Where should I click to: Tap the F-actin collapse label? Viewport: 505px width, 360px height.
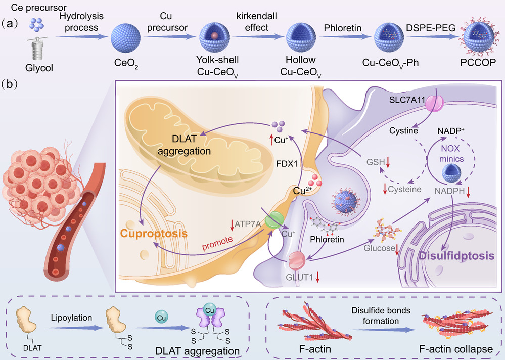[454, 349]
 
